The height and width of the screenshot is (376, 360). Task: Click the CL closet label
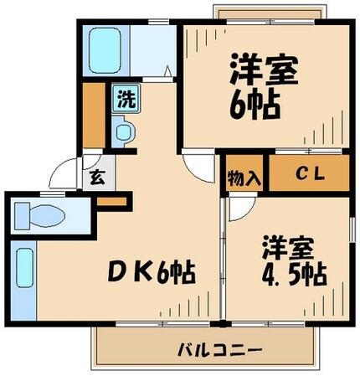[x=307, y=173]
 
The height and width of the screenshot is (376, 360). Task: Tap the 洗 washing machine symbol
[x=125, y=99]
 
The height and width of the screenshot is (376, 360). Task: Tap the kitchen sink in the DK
[x=23, y=270]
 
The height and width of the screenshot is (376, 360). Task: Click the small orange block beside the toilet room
[x=111, y=201]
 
